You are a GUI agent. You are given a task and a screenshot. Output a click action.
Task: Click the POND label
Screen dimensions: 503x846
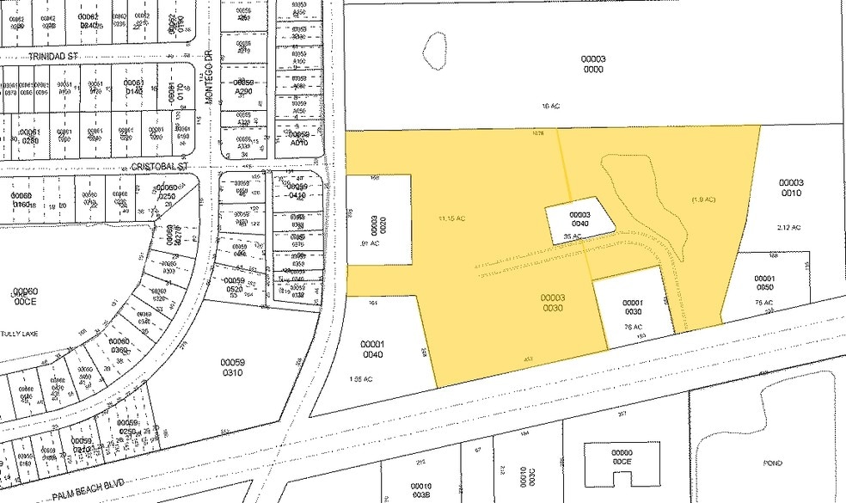click(773, 463)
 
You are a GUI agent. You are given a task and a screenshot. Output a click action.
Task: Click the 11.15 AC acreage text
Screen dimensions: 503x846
click(451, 218)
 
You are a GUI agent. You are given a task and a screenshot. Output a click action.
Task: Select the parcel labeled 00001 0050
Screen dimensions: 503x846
click(765, 283)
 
